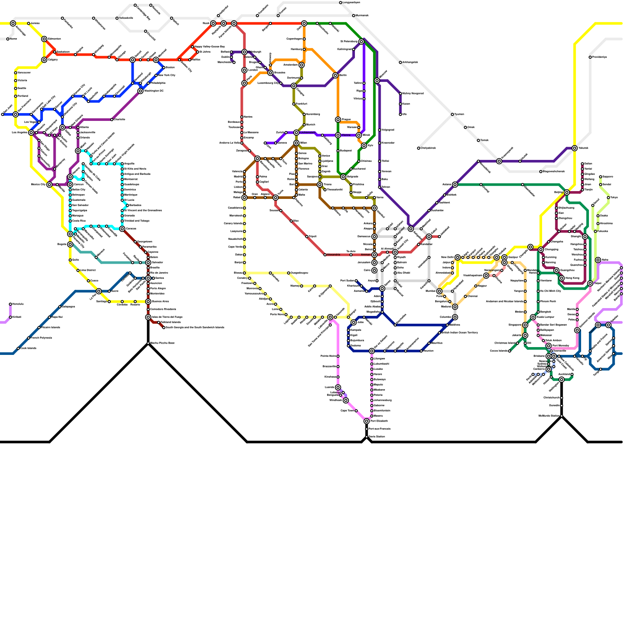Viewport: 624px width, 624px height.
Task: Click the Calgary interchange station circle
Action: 44,60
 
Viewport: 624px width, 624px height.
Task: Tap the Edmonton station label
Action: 54,39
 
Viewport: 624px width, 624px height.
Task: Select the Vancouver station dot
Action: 16,73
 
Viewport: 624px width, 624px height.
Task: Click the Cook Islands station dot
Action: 18,348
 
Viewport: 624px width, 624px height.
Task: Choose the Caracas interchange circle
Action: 122,229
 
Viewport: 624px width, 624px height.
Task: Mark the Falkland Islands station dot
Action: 159,323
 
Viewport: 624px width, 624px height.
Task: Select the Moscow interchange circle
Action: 377,81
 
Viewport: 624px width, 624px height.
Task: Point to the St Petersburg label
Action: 349,41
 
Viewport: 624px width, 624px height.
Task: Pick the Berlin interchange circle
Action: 335,75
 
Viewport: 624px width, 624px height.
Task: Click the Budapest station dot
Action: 338,151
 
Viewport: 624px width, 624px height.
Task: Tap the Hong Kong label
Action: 572,278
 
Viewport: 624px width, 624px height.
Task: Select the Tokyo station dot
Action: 608,198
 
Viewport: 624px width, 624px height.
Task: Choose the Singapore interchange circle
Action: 525,325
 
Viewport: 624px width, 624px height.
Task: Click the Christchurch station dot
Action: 562,398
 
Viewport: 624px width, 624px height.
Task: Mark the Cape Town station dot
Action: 356,411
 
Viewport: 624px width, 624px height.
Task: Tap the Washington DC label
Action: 154,91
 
